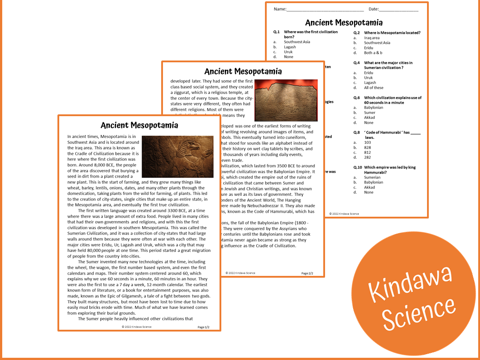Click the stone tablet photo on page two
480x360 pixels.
tap(286, 100)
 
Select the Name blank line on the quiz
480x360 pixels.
tap(325, 9)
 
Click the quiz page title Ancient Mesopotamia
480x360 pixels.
tap(344, 23)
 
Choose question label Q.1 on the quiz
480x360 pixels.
tap(277, 32)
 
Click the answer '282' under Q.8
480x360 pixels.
tap(367, 157)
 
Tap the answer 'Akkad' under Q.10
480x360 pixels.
tap(370, 187)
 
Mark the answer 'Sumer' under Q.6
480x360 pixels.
tap(370, 113)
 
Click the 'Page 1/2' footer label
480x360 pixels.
tap(203, 327)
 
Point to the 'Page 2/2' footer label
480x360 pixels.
tap(307, 273)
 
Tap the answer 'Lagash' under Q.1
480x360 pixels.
tap(290, 47)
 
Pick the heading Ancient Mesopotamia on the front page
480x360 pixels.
tap(139, 125)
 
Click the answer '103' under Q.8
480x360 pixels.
tap(367, 142)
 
